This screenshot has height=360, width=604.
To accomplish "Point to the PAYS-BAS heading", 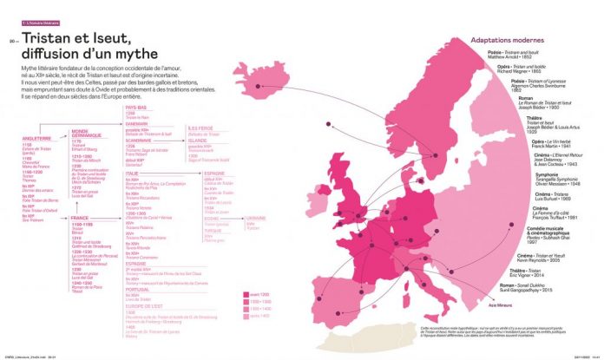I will click(135, 107).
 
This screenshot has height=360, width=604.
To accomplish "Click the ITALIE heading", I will click(134, 172).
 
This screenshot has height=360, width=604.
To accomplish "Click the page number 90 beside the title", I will click(12, 40).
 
